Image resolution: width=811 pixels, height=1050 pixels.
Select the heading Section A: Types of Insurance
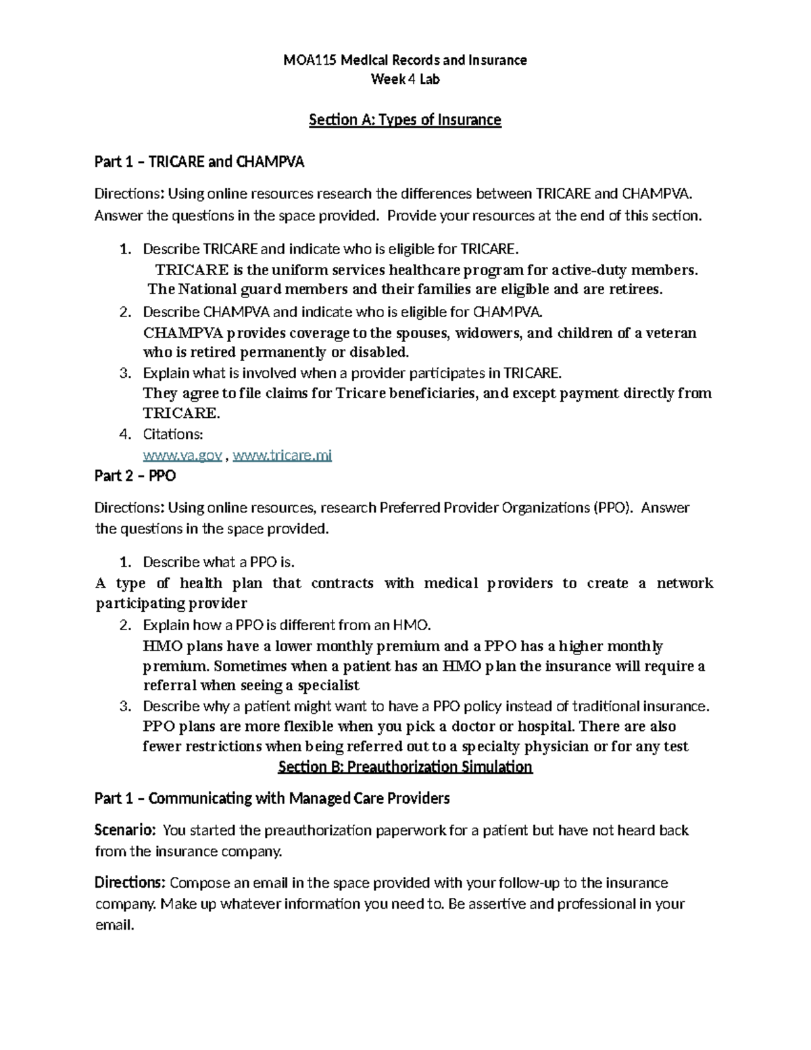coord(405,120)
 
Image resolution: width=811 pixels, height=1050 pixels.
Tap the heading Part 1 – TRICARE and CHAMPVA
coord(199,162)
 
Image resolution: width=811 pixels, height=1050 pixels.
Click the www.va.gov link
coord(182,456)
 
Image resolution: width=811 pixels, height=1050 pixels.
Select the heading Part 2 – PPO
coord(135,476)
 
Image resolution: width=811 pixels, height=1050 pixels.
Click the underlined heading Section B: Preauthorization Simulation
coord(405,767)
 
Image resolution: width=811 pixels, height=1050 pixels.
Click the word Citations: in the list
coord(172,434)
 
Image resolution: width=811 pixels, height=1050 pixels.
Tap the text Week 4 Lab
coord(405,80)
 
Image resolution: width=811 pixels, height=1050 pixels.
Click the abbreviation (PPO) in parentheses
coord(612,508)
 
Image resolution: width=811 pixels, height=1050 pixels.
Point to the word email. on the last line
coord(115,925)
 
